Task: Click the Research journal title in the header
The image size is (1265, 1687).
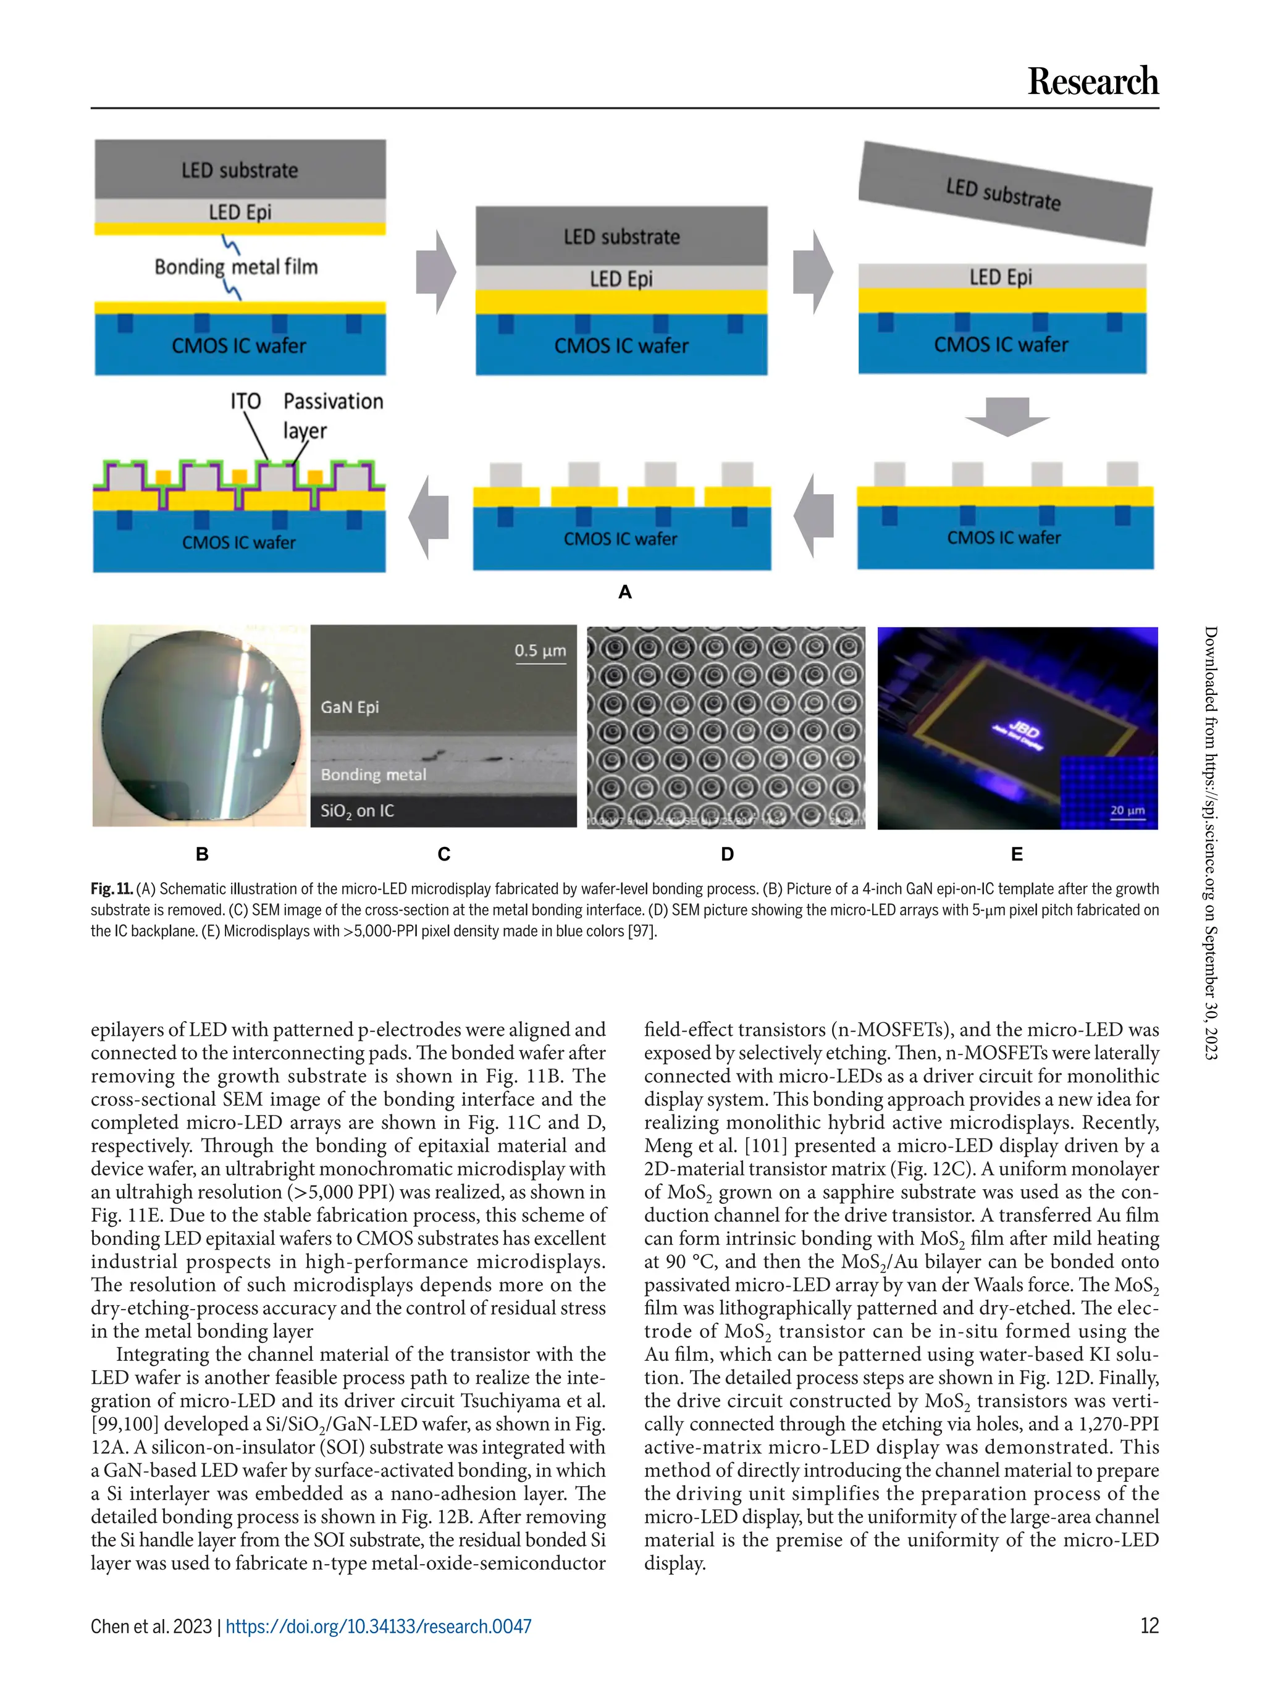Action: [x=1092, y=82]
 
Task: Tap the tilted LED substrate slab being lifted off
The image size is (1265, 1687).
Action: [x=1004, y=194]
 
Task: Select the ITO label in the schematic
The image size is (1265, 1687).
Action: [x=246, y=402]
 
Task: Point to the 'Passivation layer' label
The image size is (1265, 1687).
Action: [x=332, y=415]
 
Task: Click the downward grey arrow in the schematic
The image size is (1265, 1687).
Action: [x=1007, y=416]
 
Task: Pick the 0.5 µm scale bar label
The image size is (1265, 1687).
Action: [x=540, y=650]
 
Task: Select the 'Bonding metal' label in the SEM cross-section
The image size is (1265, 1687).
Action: [x=373, y=775]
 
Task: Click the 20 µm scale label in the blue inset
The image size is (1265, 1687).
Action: [x=1127, y=810]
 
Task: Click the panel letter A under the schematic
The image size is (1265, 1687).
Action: [x=625, y=592]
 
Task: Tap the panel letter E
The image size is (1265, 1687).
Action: [x=1017, y=854]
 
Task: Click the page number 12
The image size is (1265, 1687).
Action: [x=1148, y=1625]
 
